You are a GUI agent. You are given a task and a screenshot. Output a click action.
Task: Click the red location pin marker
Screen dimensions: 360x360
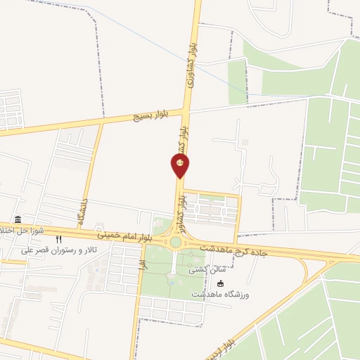click(180, 165)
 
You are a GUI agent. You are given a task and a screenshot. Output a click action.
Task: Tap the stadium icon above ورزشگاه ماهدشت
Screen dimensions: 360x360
click(221, 283)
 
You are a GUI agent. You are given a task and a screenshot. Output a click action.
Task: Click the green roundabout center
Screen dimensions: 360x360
click(175, 243)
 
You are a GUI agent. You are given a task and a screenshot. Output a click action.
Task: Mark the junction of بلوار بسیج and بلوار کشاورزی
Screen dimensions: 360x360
click(187, 110)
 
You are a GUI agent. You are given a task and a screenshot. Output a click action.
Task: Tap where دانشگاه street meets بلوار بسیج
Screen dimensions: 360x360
click(102, 124)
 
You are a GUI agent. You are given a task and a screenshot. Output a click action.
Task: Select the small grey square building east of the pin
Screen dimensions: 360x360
click(245, 143)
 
